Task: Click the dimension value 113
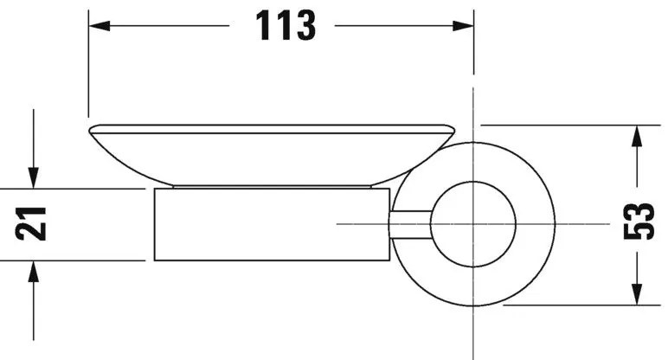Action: click(285, 27)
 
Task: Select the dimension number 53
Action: click(639, 223)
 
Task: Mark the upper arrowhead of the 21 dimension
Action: click(33, 179)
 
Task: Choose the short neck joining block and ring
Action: click(411, 224)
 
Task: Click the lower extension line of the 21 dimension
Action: click(87, 260)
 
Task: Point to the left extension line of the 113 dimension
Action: click(88, 69)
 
